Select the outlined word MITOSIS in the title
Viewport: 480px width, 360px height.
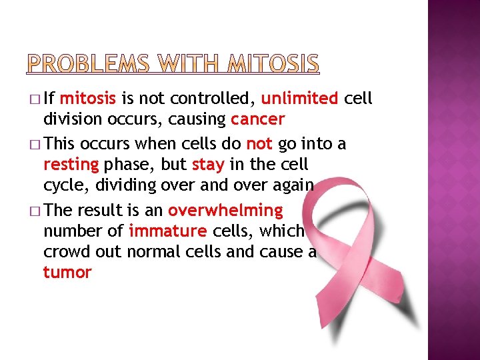pyautogui.click(x=274, y=64)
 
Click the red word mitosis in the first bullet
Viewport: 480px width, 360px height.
pyautogui.click(x=88, y=99)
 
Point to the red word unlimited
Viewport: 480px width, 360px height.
pyautogui.click(x=299, y=99)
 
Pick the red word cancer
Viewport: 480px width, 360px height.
pyautogui.click(x=257, y=120)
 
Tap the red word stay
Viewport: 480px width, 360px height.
pyautogui.click(x=207, y=165)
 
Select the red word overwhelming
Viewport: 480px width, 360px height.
pyautogui.click(x=225, y=211)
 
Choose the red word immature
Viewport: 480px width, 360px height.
pyautogui.click(x=168, y=231)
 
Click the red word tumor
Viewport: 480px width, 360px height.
pyautogui.click(x=67, y=273)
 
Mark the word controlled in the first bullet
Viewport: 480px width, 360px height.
pyautogui.click(x=213, y=99)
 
